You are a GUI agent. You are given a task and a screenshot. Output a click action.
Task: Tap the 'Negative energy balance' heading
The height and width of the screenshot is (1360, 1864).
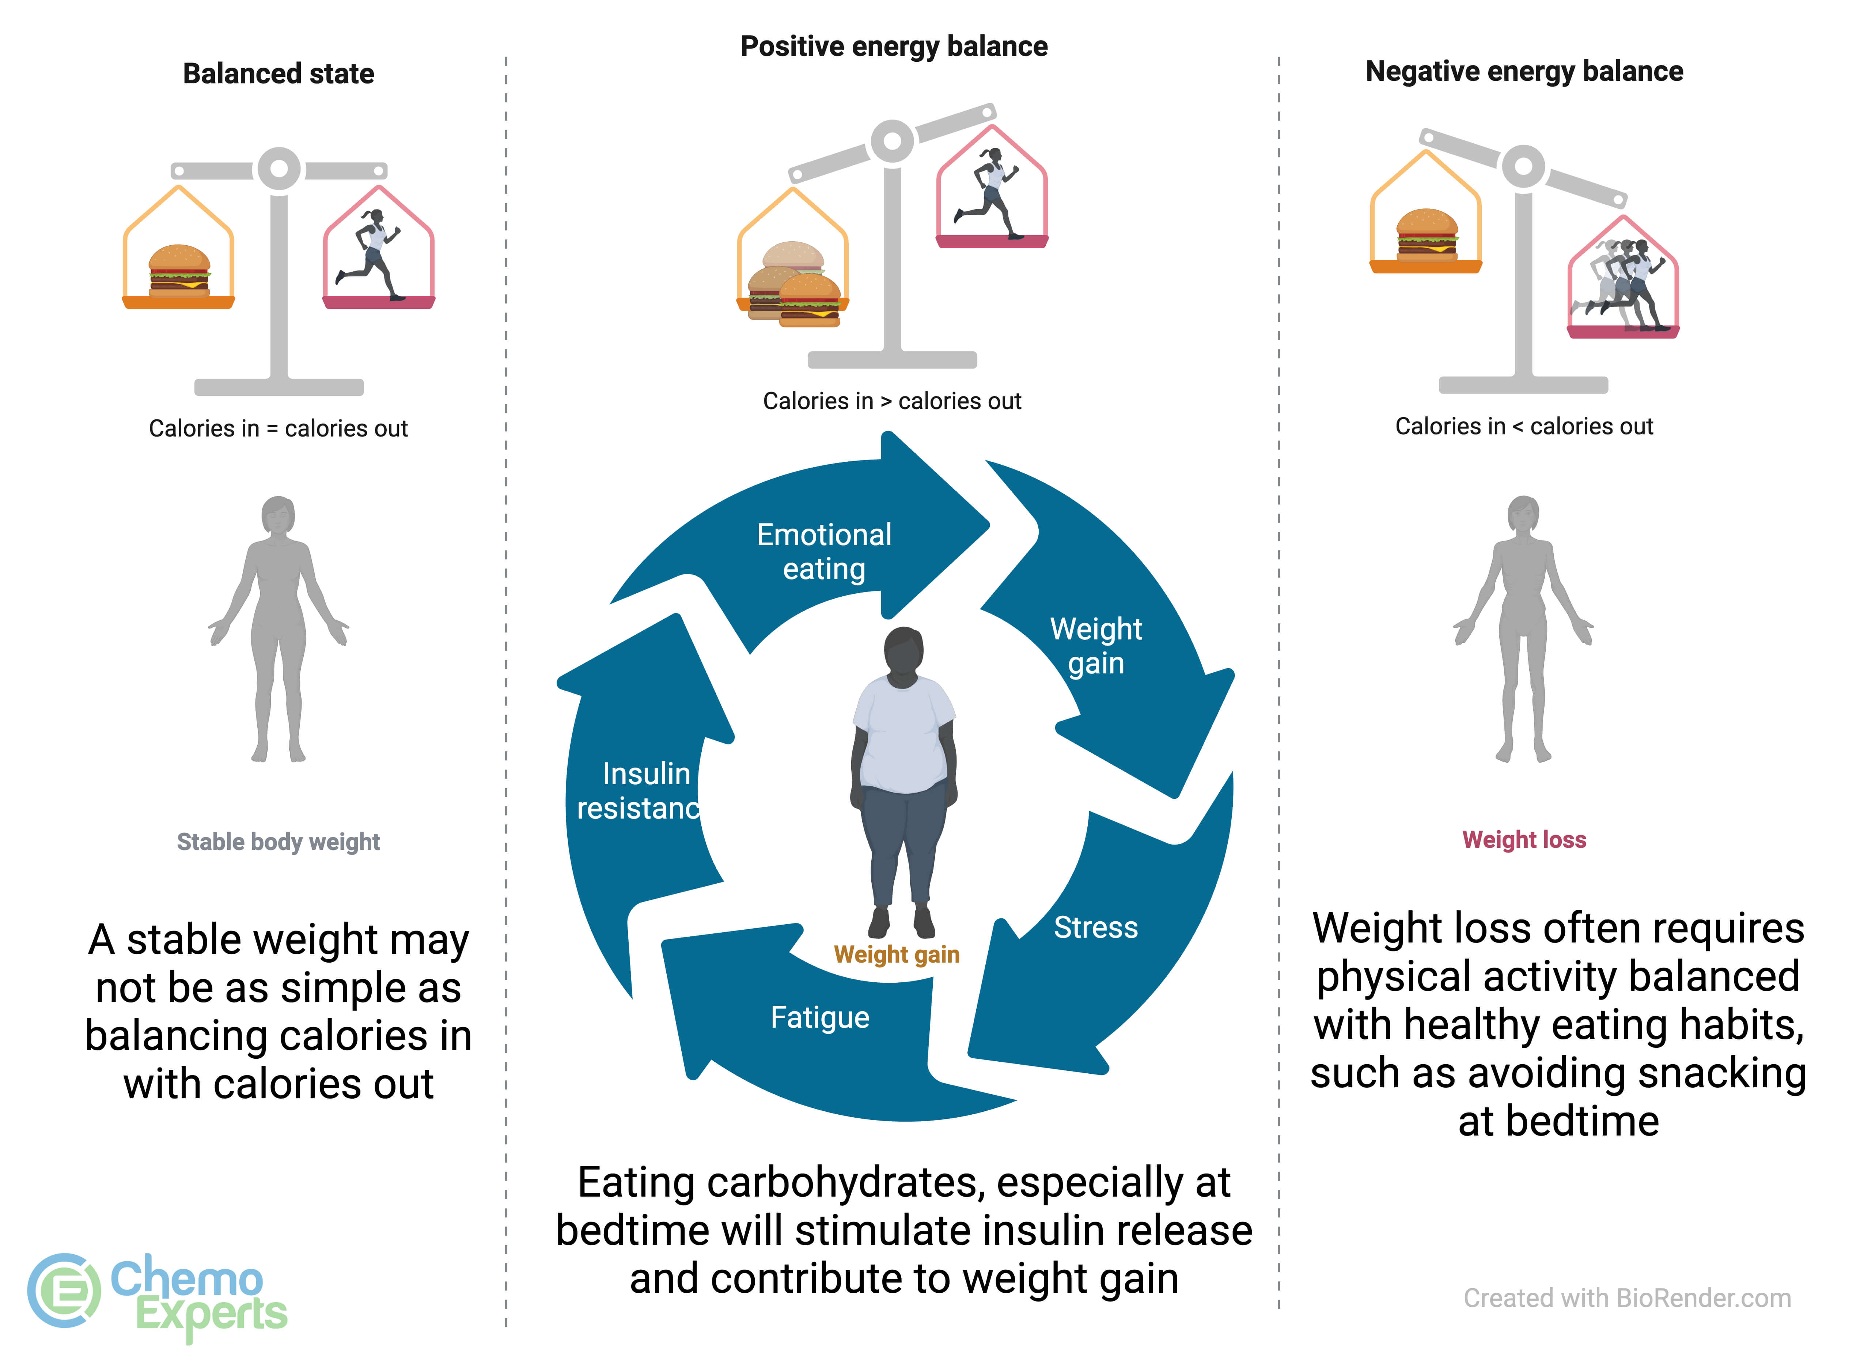[x=1524, y=72]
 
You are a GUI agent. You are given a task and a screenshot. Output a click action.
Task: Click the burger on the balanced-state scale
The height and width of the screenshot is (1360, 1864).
[x=179, y=271]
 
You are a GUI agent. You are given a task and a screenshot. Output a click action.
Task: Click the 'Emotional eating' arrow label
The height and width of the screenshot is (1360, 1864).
[x=824, y=552]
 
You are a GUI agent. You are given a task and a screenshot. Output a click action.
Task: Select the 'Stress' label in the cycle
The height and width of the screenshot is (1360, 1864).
[x=1095, y=928]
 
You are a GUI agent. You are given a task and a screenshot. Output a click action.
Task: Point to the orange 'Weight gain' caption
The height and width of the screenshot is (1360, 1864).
[x=896, y=955]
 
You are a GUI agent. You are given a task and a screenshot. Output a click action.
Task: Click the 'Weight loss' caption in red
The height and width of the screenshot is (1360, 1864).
[x=1524, y=840]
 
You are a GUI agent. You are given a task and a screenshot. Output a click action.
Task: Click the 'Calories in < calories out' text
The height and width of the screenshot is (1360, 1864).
[x=1524, y=426]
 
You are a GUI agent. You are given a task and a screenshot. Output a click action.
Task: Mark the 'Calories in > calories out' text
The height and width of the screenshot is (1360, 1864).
[x=892, y=401]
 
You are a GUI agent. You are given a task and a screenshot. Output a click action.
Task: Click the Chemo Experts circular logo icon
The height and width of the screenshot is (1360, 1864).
[x=63, y=1291]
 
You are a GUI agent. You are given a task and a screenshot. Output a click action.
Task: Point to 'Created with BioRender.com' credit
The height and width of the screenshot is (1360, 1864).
[x=1627, y=1298]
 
